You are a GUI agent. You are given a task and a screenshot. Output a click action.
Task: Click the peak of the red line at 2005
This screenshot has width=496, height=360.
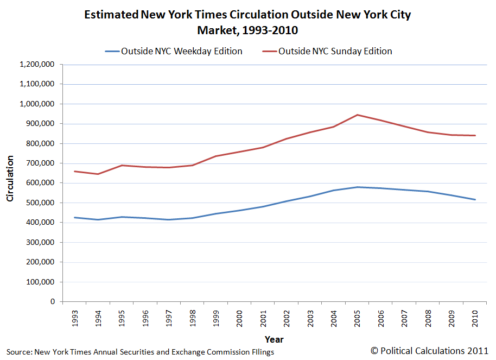coord(357,115)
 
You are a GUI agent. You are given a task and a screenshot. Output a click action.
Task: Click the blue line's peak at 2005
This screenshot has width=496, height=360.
coord(357,187)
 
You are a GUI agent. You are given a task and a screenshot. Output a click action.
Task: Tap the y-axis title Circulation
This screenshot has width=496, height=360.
coord(10,178)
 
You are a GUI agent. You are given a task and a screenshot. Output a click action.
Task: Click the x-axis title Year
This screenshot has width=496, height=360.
coord(274,339)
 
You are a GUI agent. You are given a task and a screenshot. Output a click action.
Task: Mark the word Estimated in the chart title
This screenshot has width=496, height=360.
coord(111,15)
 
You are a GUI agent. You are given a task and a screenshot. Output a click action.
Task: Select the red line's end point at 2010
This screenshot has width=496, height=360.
coord(475,136)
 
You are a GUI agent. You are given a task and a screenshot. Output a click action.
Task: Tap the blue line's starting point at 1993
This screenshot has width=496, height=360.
coord(74,217)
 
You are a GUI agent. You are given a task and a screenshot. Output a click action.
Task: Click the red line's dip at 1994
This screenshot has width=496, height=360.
coord(98,174)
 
